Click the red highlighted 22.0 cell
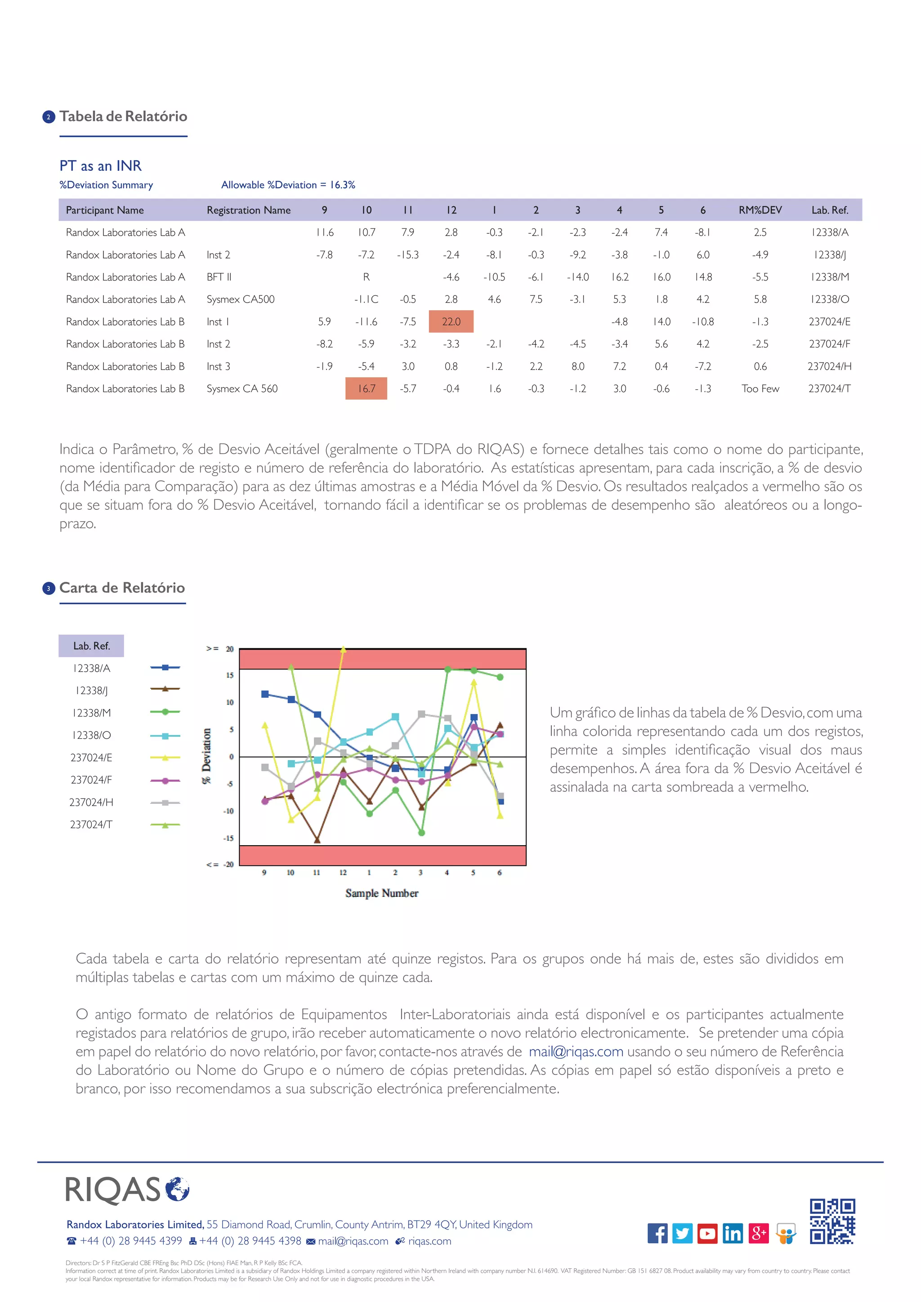tap(451, 321)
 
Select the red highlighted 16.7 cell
tap(367, 388)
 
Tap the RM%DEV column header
tap(760, 210)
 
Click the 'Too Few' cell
tap(760, 388)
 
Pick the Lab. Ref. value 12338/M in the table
tap(829, 277)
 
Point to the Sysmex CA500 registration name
tap(241, 299)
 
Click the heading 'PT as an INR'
tap(100, 165)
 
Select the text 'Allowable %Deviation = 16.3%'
tap(288, 185)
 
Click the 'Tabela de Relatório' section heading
tap(123, 116)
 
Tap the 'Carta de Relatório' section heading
tap(122, 588)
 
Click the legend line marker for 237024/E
tap(165, 758)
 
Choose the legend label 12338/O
tap(91, 735)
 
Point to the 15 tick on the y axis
tap(230, 675)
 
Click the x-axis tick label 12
tap(343, 872)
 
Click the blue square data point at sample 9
tap(265, 694)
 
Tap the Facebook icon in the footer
tap(657, 1233)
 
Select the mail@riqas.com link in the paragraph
tap(576, 1051)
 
